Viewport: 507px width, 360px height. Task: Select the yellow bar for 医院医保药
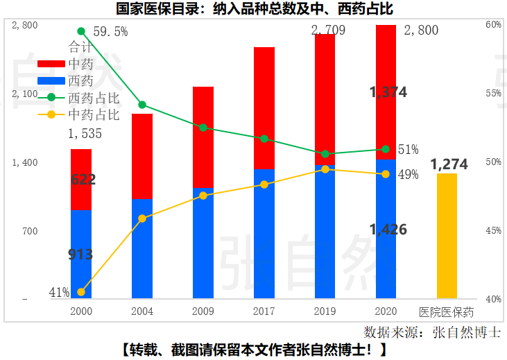[447, 236]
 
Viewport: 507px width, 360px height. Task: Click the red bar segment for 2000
[81, 179]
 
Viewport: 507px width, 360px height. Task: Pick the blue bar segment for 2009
[203, 243]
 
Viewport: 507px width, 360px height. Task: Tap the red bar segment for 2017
[264, 108]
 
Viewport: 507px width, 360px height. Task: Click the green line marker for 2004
[142, 105]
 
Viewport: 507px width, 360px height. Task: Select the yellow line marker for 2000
[81, 292]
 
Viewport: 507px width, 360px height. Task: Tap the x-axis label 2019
[325, 311]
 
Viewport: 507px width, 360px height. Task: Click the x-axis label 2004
[141, 311]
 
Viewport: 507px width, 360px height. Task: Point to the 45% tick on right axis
[493, 230]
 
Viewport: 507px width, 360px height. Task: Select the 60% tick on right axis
[493, 25]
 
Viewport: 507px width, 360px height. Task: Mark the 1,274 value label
[449, 164]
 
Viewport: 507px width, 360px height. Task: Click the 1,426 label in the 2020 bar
[388, 230]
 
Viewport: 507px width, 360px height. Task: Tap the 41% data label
[59, 293]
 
